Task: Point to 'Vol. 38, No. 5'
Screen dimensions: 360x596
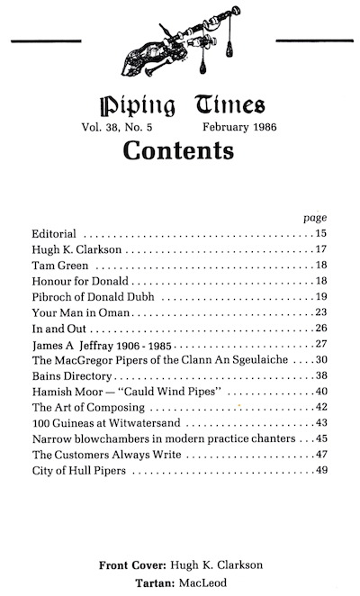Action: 129,127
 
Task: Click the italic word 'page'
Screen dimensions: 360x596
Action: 314,218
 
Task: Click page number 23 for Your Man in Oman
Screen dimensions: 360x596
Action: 320,312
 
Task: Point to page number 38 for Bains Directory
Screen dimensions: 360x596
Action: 320,375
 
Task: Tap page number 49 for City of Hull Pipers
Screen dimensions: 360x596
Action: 320,469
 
